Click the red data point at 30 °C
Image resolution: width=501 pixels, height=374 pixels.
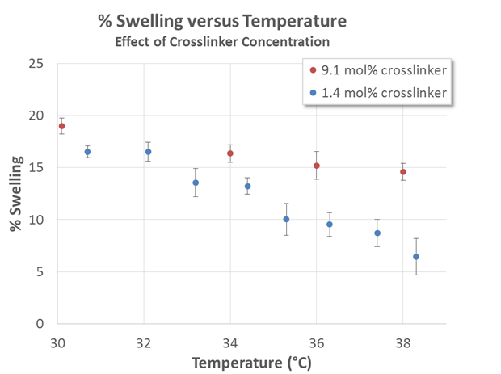(61, 126)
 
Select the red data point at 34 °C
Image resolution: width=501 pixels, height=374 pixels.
(230, 153)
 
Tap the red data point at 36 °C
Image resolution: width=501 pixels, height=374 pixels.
(317, 166)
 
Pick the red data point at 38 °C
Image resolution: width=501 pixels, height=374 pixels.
(403, 172)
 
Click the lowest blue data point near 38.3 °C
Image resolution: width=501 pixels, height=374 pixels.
(416, 257)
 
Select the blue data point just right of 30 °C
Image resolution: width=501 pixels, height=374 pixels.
(87, 152)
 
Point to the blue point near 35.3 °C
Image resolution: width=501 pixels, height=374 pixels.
(286, 219)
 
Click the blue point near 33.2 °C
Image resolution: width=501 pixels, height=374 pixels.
(196, 183)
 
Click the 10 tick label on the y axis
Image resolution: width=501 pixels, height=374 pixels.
(40, 220)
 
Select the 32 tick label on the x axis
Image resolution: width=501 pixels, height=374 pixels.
(144, 340)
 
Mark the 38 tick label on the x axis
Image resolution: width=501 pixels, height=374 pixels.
(402, 340)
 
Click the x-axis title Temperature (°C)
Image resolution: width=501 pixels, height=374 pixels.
(250, 361)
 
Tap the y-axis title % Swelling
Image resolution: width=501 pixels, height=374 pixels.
(15, 194)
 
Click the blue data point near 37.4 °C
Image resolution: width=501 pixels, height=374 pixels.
(377, 233)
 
